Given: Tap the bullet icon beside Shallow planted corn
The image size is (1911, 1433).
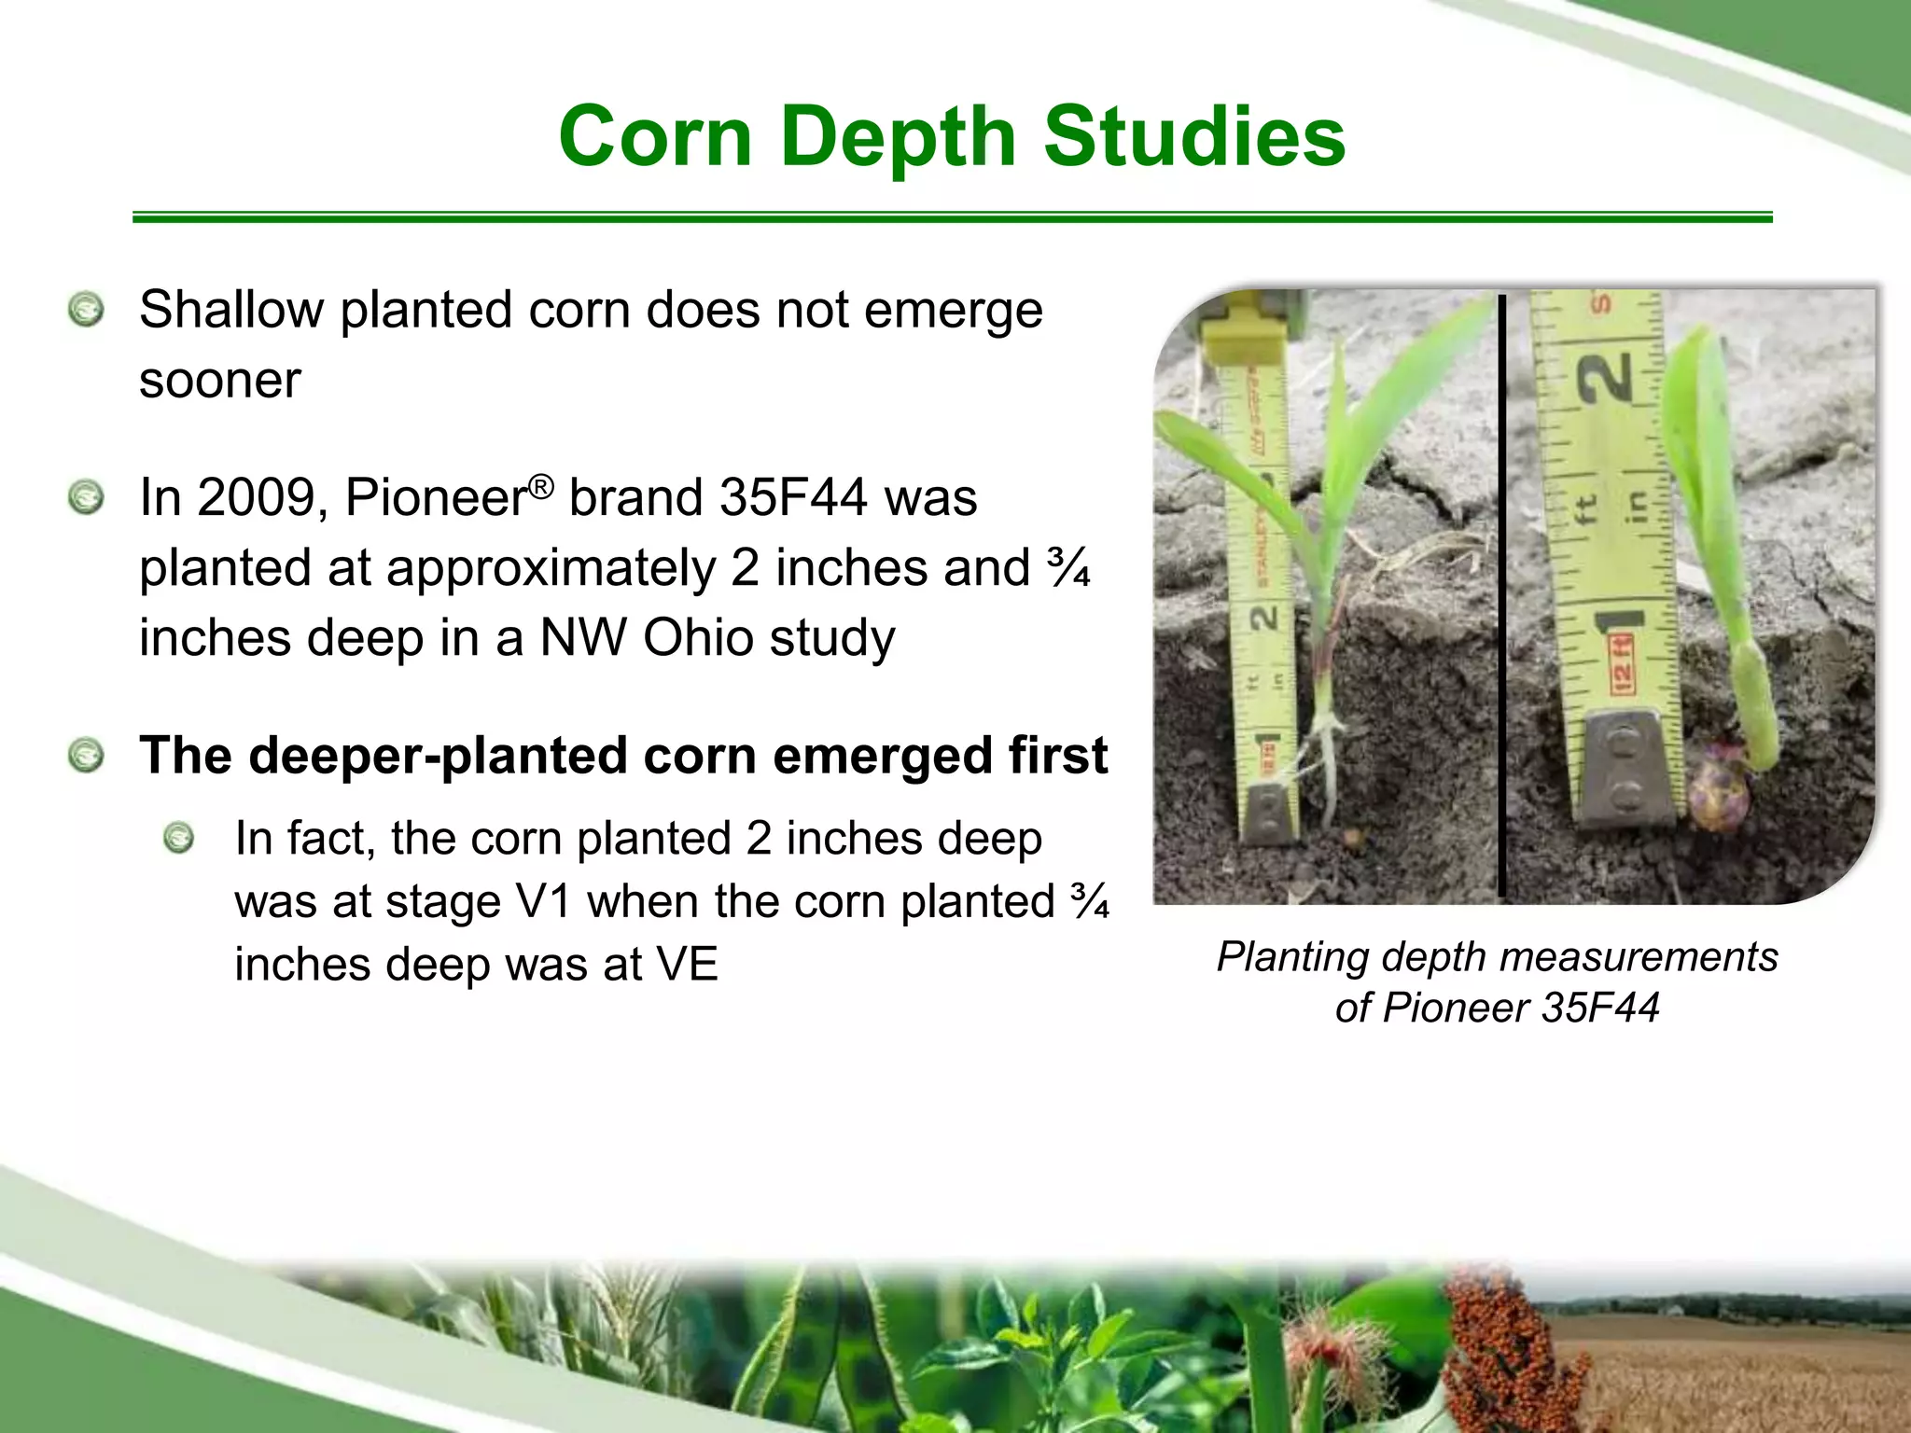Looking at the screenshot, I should pyautogui.click(x=86, y=310).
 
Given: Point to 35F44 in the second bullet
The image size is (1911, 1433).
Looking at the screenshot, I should pyautogui.click(x=793, y=497).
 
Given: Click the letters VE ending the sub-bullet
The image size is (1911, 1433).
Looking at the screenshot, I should pyautogui.click(x=687, y=964).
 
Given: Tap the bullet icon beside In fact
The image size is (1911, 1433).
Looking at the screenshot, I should pyautogui.click(x=178, y=838).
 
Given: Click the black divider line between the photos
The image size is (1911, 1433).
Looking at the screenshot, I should pyautogui.click(x=1502, y=597).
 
